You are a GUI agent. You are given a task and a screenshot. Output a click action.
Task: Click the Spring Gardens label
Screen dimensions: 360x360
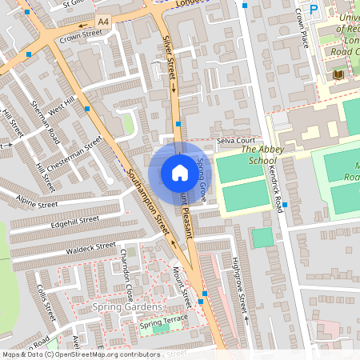click(x=127, y=307)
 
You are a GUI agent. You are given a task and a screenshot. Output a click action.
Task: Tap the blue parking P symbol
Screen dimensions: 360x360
click(x=314, y=10)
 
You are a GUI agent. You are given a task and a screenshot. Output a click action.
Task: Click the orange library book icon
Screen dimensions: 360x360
click(x=338, y=74)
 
